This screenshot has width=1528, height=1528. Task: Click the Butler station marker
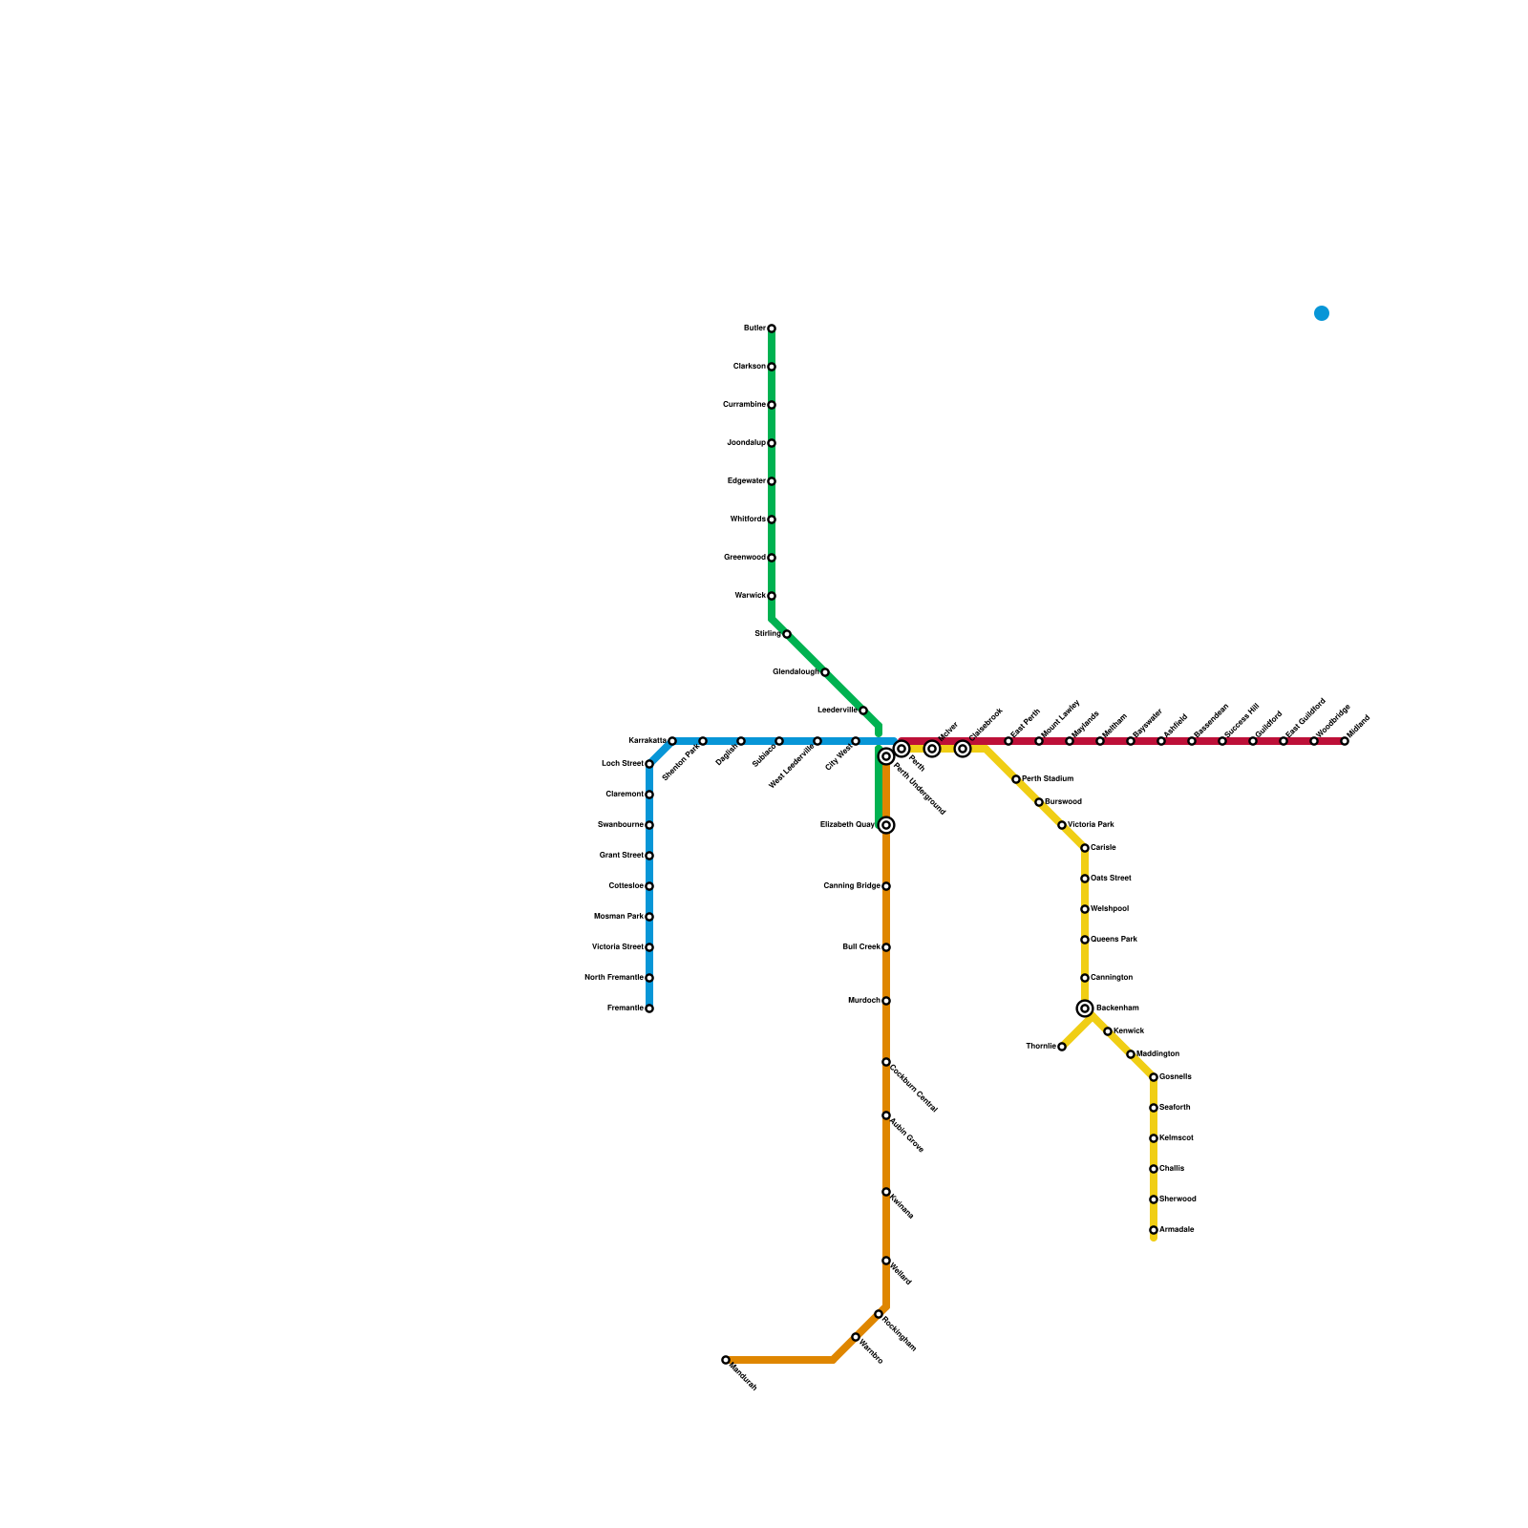(x=772, y=329)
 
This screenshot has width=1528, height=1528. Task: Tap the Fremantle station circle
(x=649, y=1008)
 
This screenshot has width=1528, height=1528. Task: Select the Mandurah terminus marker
(x=726, y=1360)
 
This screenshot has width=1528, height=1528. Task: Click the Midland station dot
(x=1345, y=741)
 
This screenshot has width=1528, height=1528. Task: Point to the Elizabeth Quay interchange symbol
(x=886, y=825)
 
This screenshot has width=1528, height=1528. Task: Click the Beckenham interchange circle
(x=1085, y=1008)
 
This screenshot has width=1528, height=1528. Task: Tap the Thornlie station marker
(x=1062, y=1047)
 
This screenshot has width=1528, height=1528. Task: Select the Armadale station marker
(x=1154, y=1230)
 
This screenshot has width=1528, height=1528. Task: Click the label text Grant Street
(x=621, y=856)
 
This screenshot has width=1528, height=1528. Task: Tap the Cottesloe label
(x=626, y=886)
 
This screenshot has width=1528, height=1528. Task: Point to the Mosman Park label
(x=618, y=917)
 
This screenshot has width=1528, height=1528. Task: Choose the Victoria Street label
(x=617, y=947)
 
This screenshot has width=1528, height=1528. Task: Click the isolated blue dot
(x=1322, y=313)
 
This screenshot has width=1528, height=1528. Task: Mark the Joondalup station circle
(x=772, y=443)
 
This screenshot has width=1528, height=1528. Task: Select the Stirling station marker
(x=787, y=634)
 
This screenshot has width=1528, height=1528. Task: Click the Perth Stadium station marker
(x=1016, y=779)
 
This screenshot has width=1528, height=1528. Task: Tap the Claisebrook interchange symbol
(x=963, y=749)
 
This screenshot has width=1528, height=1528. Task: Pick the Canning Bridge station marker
(x=886, y=886)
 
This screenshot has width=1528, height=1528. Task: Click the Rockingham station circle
(x=879, y=1314)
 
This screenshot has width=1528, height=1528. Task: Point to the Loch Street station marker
(x=649, y=764)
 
